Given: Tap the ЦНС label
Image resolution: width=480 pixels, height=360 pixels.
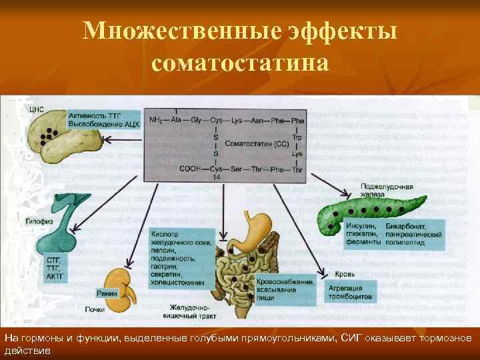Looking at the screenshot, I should click(x=37, y=109).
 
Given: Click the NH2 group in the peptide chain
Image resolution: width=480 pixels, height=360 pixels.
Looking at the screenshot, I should click(x=155, y=121).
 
